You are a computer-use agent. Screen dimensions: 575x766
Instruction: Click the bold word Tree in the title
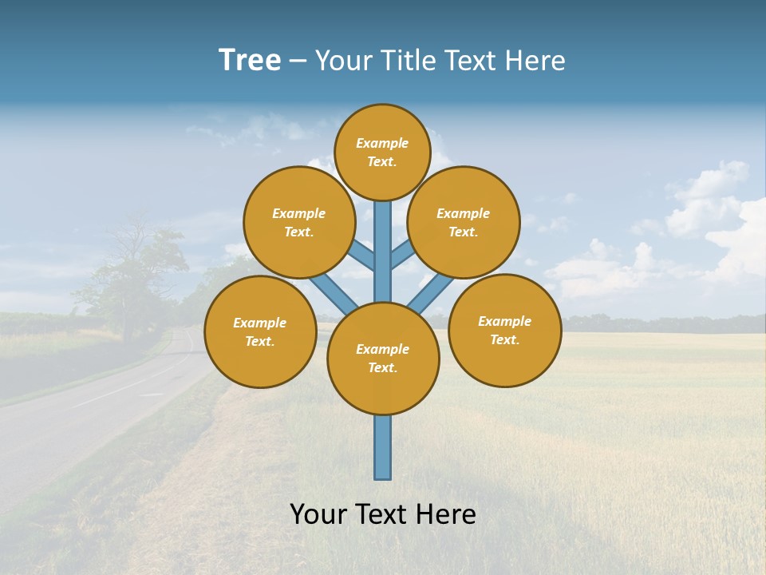250,61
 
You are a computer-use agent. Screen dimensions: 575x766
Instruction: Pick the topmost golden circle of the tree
382,152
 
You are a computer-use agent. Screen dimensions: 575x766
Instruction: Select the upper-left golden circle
298,222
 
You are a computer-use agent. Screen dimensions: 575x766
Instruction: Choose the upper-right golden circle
464,222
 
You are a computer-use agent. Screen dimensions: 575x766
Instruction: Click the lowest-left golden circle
260,331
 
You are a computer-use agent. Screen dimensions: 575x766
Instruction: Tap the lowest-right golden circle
504,330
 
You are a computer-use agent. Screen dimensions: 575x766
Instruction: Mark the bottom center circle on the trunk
383,359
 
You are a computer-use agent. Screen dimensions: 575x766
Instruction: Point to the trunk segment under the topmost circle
383,248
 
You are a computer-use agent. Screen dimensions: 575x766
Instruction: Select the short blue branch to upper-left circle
362,256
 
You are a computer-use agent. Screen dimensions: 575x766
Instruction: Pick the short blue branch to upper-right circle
402,255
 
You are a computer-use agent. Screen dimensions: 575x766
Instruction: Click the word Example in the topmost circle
382,143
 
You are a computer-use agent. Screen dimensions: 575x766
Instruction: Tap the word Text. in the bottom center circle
382,368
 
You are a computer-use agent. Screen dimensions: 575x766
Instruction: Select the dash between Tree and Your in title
298,61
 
